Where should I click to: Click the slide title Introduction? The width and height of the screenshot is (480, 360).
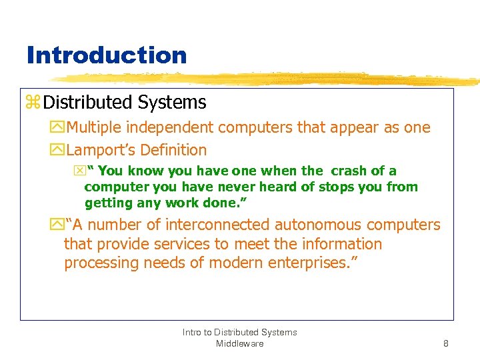(107, 55)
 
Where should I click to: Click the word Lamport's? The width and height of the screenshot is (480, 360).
(100, 151)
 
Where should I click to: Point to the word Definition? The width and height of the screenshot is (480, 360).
(173, 151)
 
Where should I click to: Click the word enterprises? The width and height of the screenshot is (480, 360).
(309, 263)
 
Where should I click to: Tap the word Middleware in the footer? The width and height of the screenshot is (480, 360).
(239, 344)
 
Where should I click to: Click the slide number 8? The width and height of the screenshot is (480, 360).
(445, 344)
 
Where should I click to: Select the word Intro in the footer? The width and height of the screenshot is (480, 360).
(194, 332)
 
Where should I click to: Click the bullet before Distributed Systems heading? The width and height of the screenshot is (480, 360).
(33, 103)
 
